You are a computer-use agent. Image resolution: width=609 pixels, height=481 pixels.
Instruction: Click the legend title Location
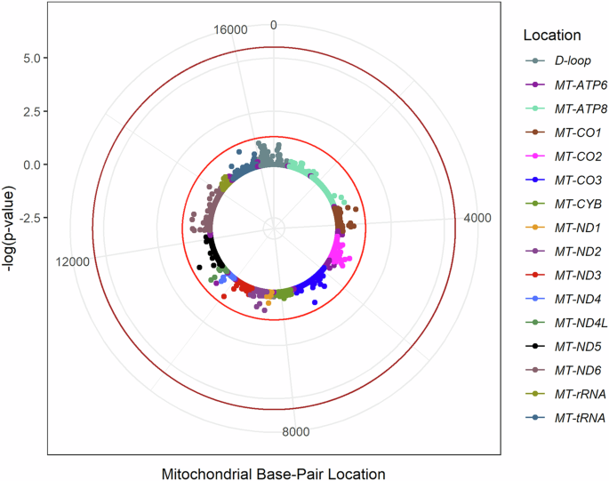tap(552, 36)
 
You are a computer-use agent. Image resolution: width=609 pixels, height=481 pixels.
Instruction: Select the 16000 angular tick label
tap(230, 29)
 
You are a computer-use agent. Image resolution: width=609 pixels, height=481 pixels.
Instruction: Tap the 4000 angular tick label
tap(478, 220)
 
